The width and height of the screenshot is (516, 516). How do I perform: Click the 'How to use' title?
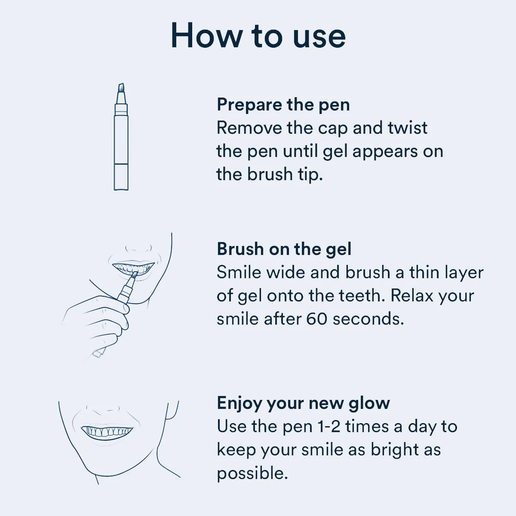[258, 35]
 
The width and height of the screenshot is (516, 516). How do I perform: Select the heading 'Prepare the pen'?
[283, 104]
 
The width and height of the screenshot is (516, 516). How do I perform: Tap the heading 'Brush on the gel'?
[284, 249]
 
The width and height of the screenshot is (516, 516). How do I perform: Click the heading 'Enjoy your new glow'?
[303, 403]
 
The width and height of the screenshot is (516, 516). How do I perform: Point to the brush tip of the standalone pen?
[121, 89]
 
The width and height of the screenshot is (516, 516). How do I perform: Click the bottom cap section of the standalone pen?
[121, 177]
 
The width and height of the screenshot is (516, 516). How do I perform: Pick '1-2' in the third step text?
[329, 427]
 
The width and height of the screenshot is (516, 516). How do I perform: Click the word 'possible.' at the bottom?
[252, 473]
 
